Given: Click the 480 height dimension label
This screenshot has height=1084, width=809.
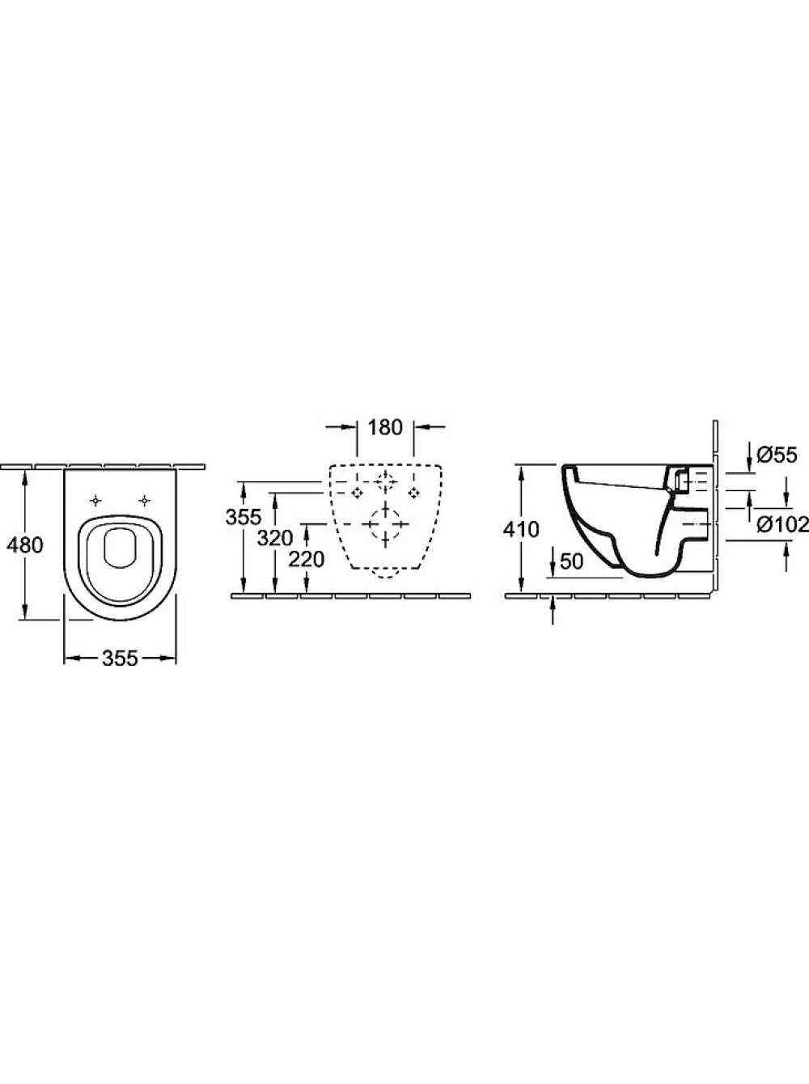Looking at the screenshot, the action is pyautogui.click(x=25, y=545).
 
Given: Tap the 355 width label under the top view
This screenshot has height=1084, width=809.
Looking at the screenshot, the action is pyautogui.click(x=120, y=658).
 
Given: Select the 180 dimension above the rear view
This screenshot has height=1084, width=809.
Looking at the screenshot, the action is pyautogui.click(x=385, y=428).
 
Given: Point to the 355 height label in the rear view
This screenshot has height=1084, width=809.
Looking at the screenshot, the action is pyautogui.click(x=244, y=517).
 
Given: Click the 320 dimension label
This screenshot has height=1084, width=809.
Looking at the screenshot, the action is pyautogui.click(x=275, y=538).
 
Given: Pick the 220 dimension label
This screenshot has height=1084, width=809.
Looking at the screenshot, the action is pyautogui.click(x=307, y=560).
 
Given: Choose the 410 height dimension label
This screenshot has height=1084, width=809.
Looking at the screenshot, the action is pyautogui.click(x=521, y=530).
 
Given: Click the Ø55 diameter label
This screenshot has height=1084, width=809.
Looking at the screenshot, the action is pyautogui.click(x=777, y=455).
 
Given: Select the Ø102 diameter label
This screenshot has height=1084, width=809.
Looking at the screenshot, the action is pyautogui.click(x=783, y=524).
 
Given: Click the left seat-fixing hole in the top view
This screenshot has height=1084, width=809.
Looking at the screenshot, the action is pyautogui.click(x=96, y=501).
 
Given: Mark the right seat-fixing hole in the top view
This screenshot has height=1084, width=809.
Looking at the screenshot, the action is pyautogui.click(x=144, y=501).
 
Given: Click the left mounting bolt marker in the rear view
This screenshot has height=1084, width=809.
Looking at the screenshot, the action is pyautogui.click(x=356, y=493).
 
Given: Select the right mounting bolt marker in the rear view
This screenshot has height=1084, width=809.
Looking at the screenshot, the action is pyautogui.click(x=414, y=493).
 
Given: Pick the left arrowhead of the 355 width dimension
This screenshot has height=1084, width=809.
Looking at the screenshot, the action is pyautogui.click(x=71, y=658).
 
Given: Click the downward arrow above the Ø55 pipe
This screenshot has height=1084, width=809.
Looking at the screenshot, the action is pyautogui.click(x=749, y=455).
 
